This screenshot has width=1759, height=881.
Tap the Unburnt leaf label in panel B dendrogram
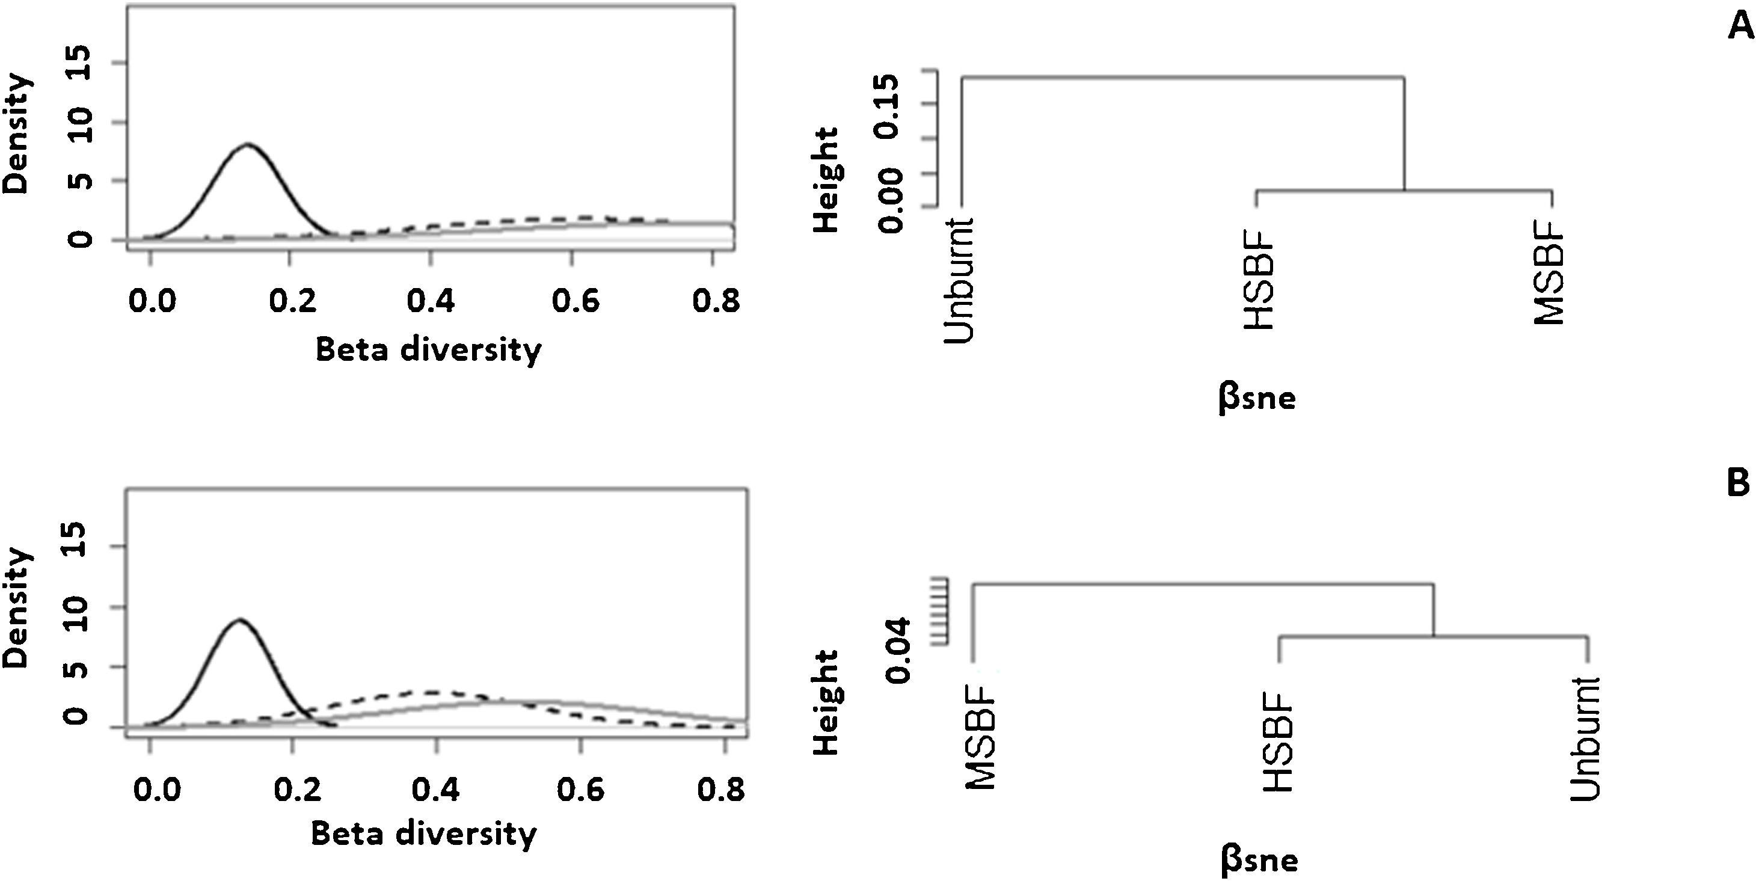click(1585, 738)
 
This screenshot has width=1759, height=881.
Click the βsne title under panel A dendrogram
click(1256, 398)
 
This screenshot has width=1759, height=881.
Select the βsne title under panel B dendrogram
click(1259, 860)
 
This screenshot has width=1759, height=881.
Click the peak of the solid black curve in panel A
click(247, 144)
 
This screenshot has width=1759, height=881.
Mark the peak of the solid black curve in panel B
click(240, 620)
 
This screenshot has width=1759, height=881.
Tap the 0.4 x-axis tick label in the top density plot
click(431, 301)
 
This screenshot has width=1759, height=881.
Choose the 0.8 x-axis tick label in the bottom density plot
click(720, 790)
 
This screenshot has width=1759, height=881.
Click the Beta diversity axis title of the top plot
click(428, 349)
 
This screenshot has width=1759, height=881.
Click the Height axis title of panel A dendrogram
click(827, 180)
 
